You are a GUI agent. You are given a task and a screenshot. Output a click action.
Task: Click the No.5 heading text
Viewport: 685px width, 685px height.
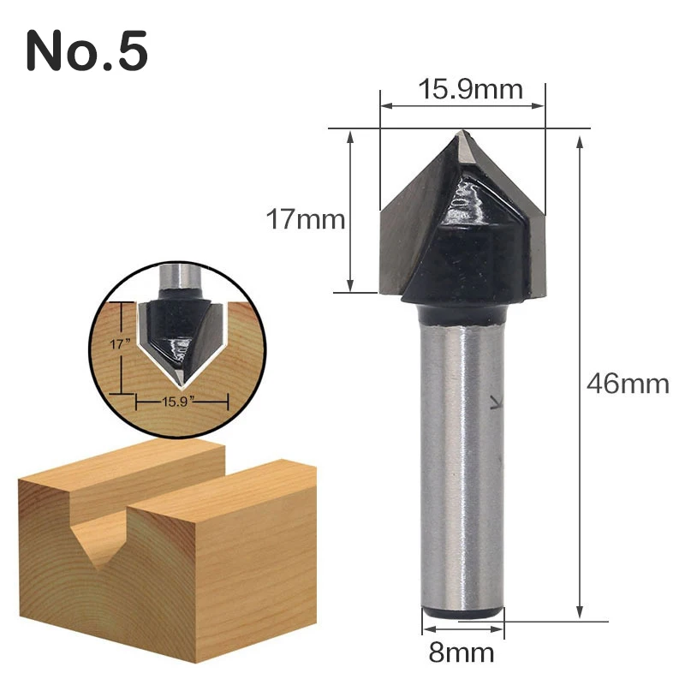87,51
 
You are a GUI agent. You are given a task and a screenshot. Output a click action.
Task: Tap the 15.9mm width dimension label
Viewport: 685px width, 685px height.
470,89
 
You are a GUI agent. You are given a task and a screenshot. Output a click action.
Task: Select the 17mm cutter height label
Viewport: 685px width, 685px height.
306,219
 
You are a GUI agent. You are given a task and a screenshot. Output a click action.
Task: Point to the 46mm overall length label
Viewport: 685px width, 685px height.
628,384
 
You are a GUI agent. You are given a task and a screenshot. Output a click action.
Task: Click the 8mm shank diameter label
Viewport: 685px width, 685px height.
462,652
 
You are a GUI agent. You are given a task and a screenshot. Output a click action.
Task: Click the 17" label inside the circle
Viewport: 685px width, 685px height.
120,344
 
